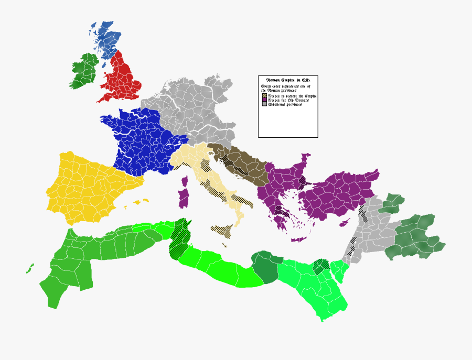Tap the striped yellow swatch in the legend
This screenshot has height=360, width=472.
tap(263, 96)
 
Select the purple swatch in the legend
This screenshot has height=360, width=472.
tap(263, 101)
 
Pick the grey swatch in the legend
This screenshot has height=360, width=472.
tap(263, 105)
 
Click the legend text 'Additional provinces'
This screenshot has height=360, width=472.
tap(286, 105)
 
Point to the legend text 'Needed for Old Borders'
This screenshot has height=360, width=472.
tap(288, 101)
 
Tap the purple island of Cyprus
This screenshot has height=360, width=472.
tap(345, 222)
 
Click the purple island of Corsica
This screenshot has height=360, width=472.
tap(185, 181)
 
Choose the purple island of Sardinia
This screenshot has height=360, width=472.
tap(184, 199)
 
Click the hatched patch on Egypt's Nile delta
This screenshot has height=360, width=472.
tap(321, 266)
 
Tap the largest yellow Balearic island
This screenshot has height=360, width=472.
tap(138, 202)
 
